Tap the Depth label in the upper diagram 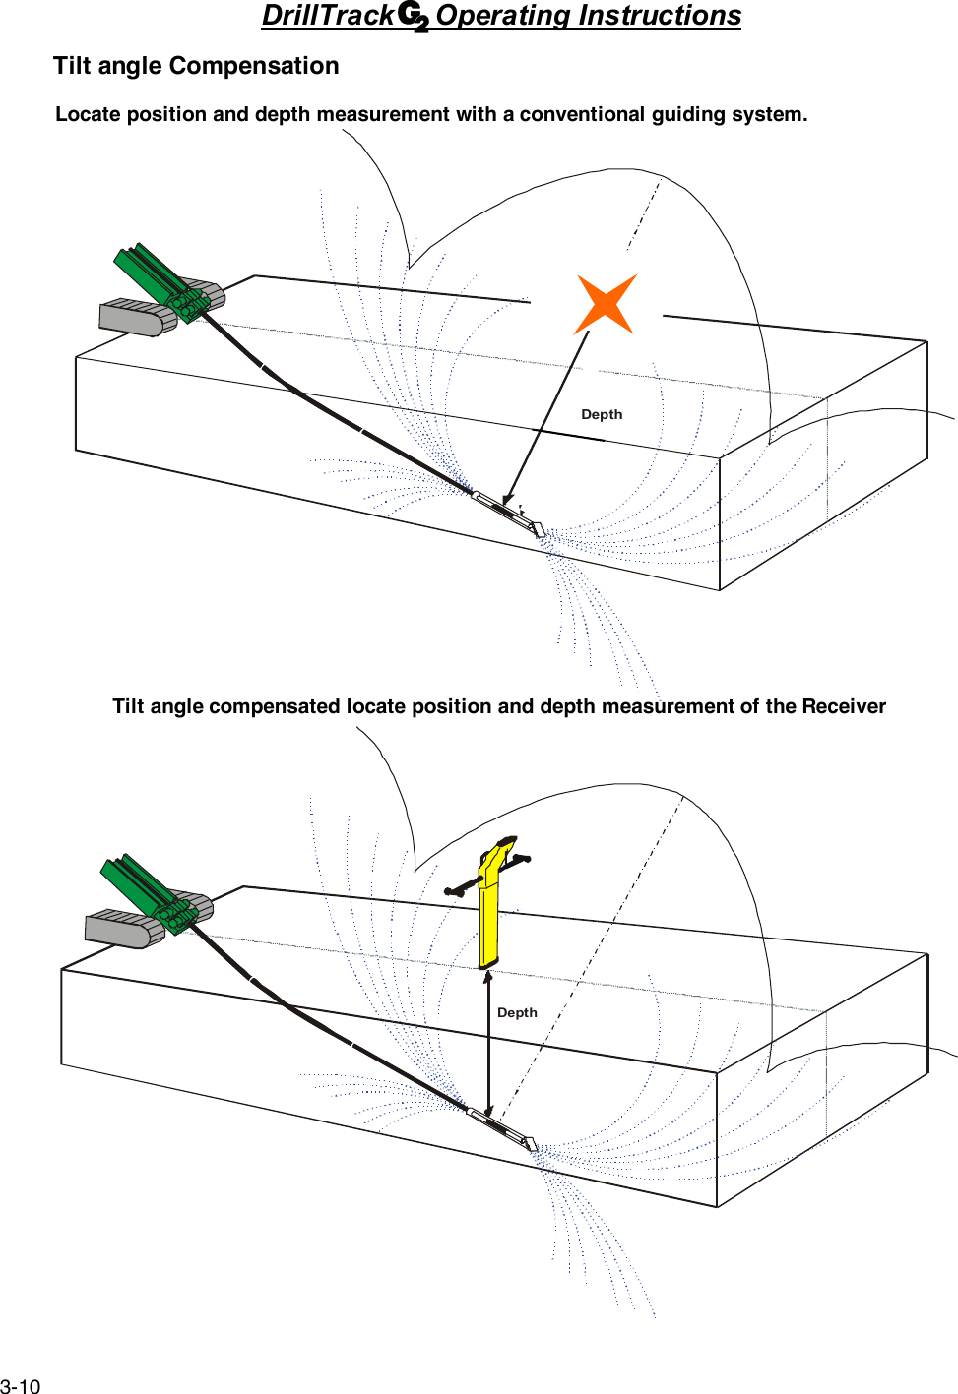pyautogui.click(x=602, y=414)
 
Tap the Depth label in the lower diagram pyautogui.click(x=517, y=1012)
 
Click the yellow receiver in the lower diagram pyautogui.click(x=489, y=915)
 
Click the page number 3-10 pyautogui.click(x=21, y=1386)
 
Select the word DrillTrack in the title pyautogui.click(x=328, y=16)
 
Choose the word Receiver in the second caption pyautogui.click(x=843, y=706)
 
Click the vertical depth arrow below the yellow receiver pyautogui.click(x=489, y=1043)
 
